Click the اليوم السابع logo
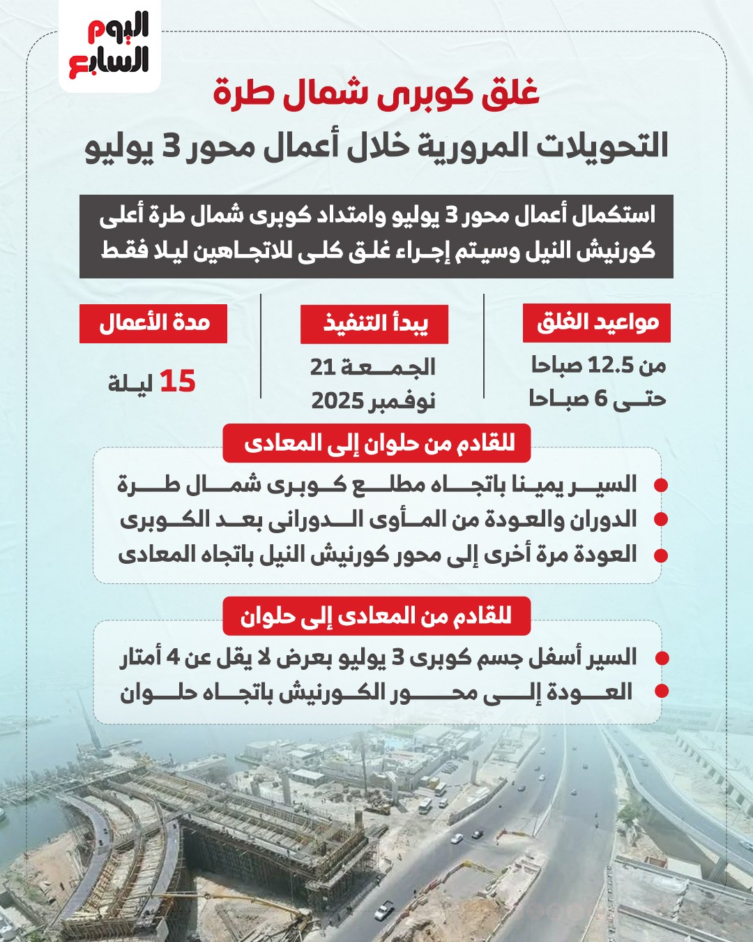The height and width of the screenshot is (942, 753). coord(109,46)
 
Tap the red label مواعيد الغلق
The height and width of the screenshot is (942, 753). coord(597,322)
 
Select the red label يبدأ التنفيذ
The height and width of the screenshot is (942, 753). coord(374,324)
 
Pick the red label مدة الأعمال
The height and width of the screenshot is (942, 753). coord(153,323)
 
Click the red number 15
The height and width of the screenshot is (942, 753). coord(178,382)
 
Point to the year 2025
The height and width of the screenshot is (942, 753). coord(338,401)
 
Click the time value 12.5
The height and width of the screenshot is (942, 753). coord(611,365)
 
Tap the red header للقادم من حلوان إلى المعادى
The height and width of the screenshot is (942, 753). coord(377,443)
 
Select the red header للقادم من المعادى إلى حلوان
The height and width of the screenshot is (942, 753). coord(376,616)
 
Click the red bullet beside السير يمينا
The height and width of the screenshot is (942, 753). coord(661,485)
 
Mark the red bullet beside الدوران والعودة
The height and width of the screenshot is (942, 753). coord(661,521)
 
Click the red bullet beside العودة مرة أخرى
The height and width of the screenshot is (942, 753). coord(661,556)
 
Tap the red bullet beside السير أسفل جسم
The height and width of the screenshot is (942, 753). coord(662,658)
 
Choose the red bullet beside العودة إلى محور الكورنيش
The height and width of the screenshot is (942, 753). coord(662,691)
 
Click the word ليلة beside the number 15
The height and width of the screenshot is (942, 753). coord(130,383)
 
